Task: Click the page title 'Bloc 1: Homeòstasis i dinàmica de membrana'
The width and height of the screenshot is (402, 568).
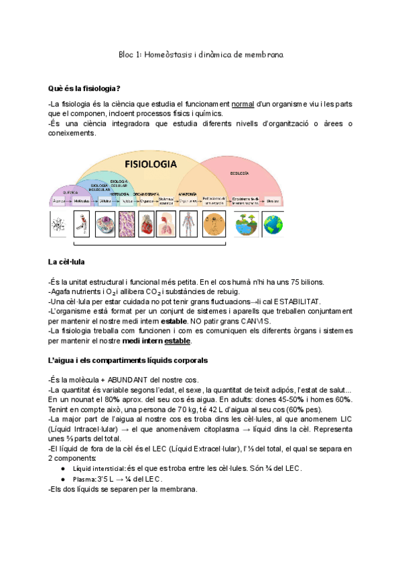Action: [x=200, y=54]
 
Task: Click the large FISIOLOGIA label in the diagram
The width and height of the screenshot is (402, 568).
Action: [x=151, y=163]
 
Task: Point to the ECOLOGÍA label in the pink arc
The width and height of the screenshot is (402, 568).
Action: [x=239, y=172]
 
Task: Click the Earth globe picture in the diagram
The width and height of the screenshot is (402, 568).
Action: [x=273, y=223]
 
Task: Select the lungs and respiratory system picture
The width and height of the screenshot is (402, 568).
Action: [x=168, y=223]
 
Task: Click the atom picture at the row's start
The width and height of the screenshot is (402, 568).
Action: [x=59, y=223]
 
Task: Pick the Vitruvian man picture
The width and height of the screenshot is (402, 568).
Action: [x=214, y=223]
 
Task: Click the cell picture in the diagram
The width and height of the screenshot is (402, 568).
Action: [x=105, y=223]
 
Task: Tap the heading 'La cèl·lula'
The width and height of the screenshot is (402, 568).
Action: [x=66, y=262]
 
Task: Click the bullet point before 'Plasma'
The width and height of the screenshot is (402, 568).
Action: [x=62, y=479]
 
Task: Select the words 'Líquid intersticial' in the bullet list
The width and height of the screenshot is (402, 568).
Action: [x=98, y=469]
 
